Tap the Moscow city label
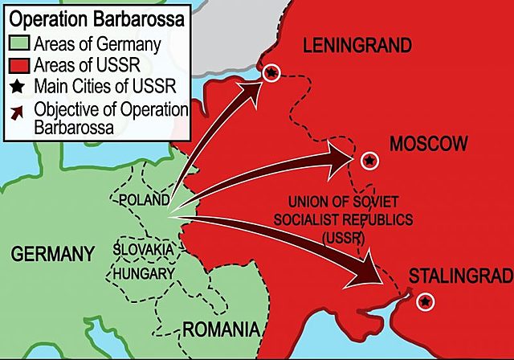pos(427,144)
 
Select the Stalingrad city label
pos(460,276)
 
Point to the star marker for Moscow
pos(369,161)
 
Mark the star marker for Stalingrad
pos(424,301)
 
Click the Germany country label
pos(52,255)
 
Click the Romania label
pos(221,329)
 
